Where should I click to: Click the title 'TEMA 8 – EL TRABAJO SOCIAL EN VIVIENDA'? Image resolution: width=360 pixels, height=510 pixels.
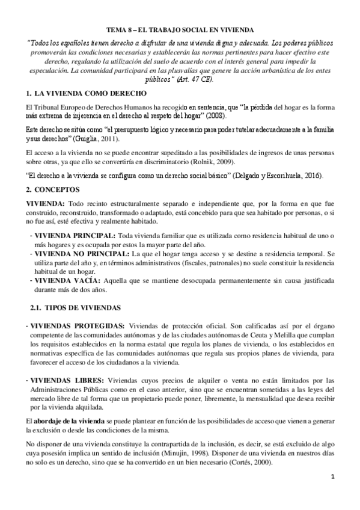click(x=180, y=29)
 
